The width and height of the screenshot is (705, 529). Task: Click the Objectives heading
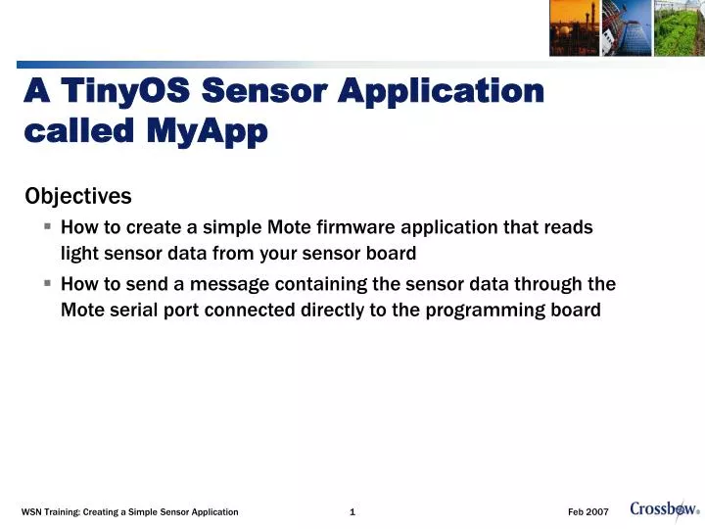[x=77, y=197]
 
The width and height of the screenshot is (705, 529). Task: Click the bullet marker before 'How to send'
[x=47, y=284]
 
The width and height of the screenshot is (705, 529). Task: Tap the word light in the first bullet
[x=79, y=254]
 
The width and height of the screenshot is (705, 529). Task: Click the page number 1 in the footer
[x=352, y=512]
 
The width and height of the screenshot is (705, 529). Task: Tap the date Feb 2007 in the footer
[x=588, y=512]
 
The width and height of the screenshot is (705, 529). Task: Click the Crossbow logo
[x=664, y=508]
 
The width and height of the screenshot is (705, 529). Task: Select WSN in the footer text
[x=31, y=512]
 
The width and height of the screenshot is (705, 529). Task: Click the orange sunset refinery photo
[x=574, y=27]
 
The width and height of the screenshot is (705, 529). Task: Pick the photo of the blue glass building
[x=626, y=27]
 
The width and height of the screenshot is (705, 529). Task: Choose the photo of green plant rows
[x=679, y=27]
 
